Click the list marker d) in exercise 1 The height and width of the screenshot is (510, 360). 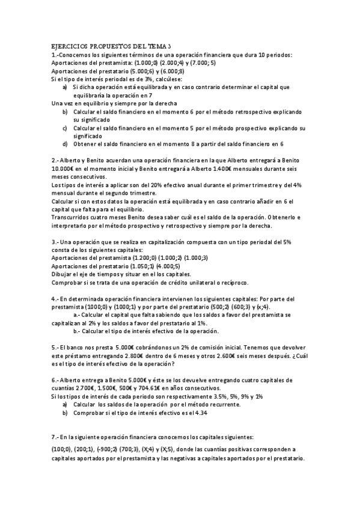(65, 144)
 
